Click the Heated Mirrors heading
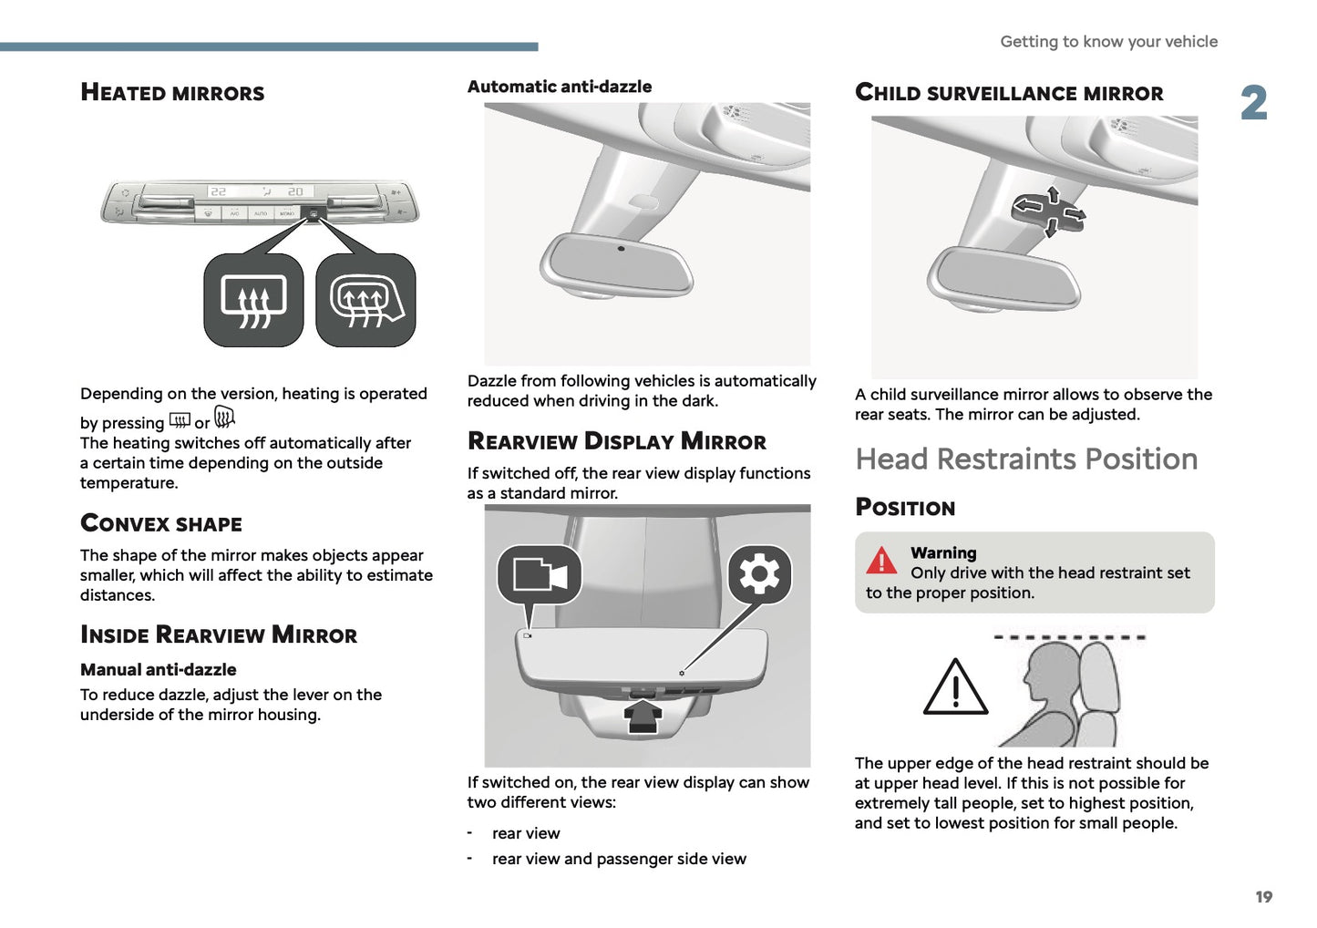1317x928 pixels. [x=172, y=92]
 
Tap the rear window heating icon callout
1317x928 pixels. [x=253, y=300]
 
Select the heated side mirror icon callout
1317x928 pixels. [x=365, y=300]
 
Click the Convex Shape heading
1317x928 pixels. [x=161, y=523]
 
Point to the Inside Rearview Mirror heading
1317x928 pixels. [x=219, y=634]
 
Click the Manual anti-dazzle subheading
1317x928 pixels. [x=158, y=669]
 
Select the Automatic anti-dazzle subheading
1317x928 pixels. [x=560, y=87]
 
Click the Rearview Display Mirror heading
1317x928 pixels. [x=617, y=441]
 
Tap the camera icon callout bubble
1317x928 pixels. [x=540, y=575]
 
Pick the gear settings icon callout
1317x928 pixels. [x=759, y=574]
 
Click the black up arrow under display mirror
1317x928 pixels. [x=643, y=714]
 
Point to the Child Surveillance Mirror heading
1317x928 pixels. [x=1009, y=93]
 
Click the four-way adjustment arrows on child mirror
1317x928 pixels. [x=1049, y=211]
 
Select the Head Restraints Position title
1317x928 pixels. [x=1026, y=459]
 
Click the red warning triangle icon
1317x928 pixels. [x=881, y=561]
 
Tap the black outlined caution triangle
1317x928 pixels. [x=955, y=688]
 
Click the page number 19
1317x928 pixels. [x=1263, y=897]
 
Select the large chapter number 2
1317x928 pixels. [x=1254, y=103]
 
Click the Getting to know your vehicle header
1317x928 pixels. [x=1108, y=41]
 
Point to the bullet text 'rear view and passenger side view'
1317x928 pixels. [x=619, y=859]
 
